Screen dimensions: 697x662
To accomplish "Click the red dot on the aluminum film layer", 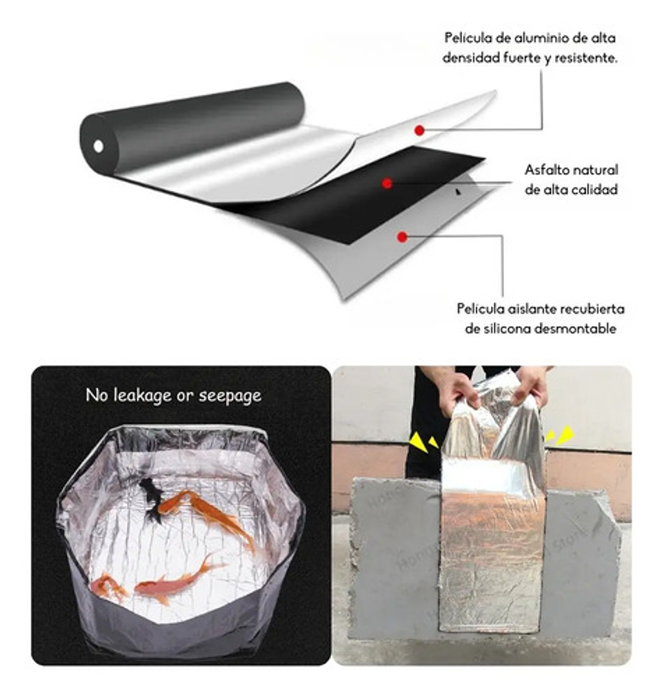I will coord(419,130).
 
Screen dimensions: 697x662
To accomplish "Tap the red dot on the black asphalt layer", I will coord(388,183).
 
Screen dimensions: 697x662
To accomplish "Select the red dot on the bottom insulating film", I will coord(402,236).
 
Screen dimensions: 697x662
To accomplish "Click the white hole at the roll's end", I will coord(99,146).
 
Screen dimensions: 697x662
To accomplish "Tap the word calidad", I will coord(594,190).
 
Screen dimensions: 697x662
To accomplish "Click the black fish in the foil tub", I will coord(151,498).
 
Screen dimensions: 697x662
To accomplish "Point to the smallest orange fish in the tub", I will coord(108,586).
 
